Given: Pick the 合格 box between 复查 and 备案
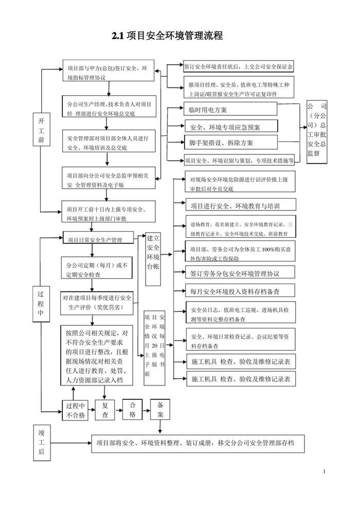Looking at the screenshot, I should pos(133,410).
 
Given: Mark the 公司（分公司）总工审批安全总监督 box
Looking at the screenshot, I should pos(317,132).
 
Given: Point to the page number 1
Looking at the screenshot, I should pos(326,471).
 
